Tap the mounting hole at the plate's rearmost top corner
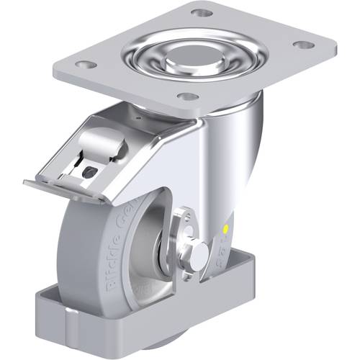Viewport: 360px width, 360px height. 204,13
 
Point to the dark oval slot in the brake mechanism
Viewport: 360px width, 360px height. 89,171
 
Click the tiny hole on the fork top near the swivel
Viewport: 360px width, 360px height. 135,113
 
